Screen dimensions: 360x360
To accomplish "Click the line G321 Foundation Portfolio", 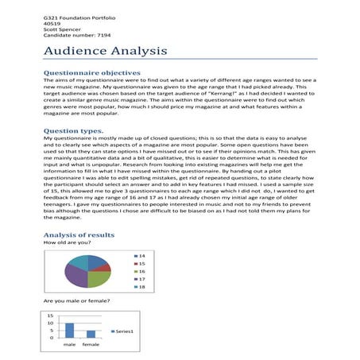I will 75,17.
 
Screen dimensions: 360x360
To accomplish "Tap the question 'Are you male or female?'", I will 75,302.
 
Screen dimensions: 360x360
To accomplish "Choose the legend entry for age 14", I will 142,255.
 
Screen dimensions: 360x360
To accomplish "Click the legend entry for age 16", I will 142,271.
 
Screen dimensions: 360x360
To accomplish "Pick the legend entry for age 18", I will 142,287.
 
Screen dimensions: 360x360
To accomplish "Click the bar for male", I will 69,331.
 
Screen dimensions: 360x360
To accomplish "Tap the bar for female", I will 91,334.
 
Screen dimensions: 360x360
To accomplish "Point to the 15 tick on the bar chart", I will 52,315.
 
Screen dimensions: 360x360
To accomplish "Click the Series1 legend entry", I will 126,331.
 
